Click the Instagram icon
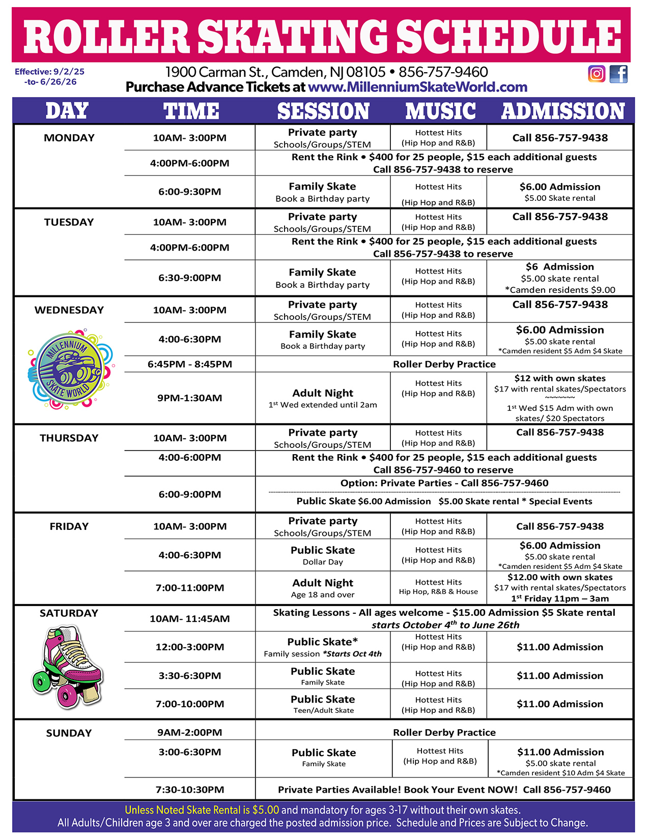pos(597,74)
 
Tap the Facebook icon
pos(618,74)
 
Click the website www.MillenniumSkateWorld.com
pos(417,87)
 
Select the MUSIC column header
pos(440,111)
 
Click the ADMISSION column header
pos(562,111)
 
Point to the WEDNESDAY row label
pos(69,310)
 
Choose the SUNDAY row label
pos(69,733)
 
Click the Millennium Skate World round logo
pos(70,370)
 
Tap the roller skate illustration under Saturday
pos(67,666)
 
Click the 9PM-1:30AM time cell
pos(189,398)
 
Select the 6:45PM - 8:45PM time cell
pos(189,364)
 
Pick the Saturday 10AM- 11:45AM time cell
pos(189,618)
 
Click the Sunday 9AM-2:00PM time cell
pos(189,732)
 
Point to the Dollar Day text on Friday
pos(323,562)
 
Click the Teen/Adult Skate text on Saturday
pos(323,710)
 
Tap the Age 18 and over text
pos(323,594)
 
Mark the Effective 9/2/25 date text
pos(49,72)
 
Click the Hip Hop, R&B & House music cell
pos(438,587)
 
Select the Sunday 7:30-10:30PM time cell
pos(189,789)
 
